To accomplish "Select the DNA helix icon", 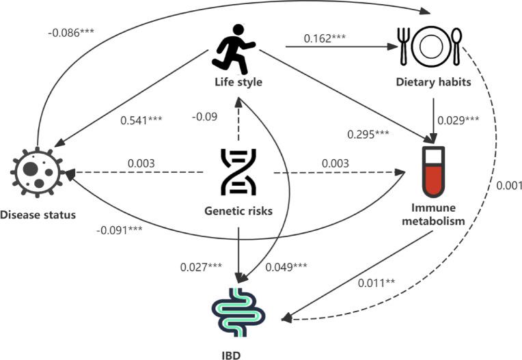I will [237, 172].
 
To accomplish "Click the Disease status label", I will [38, 215].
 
